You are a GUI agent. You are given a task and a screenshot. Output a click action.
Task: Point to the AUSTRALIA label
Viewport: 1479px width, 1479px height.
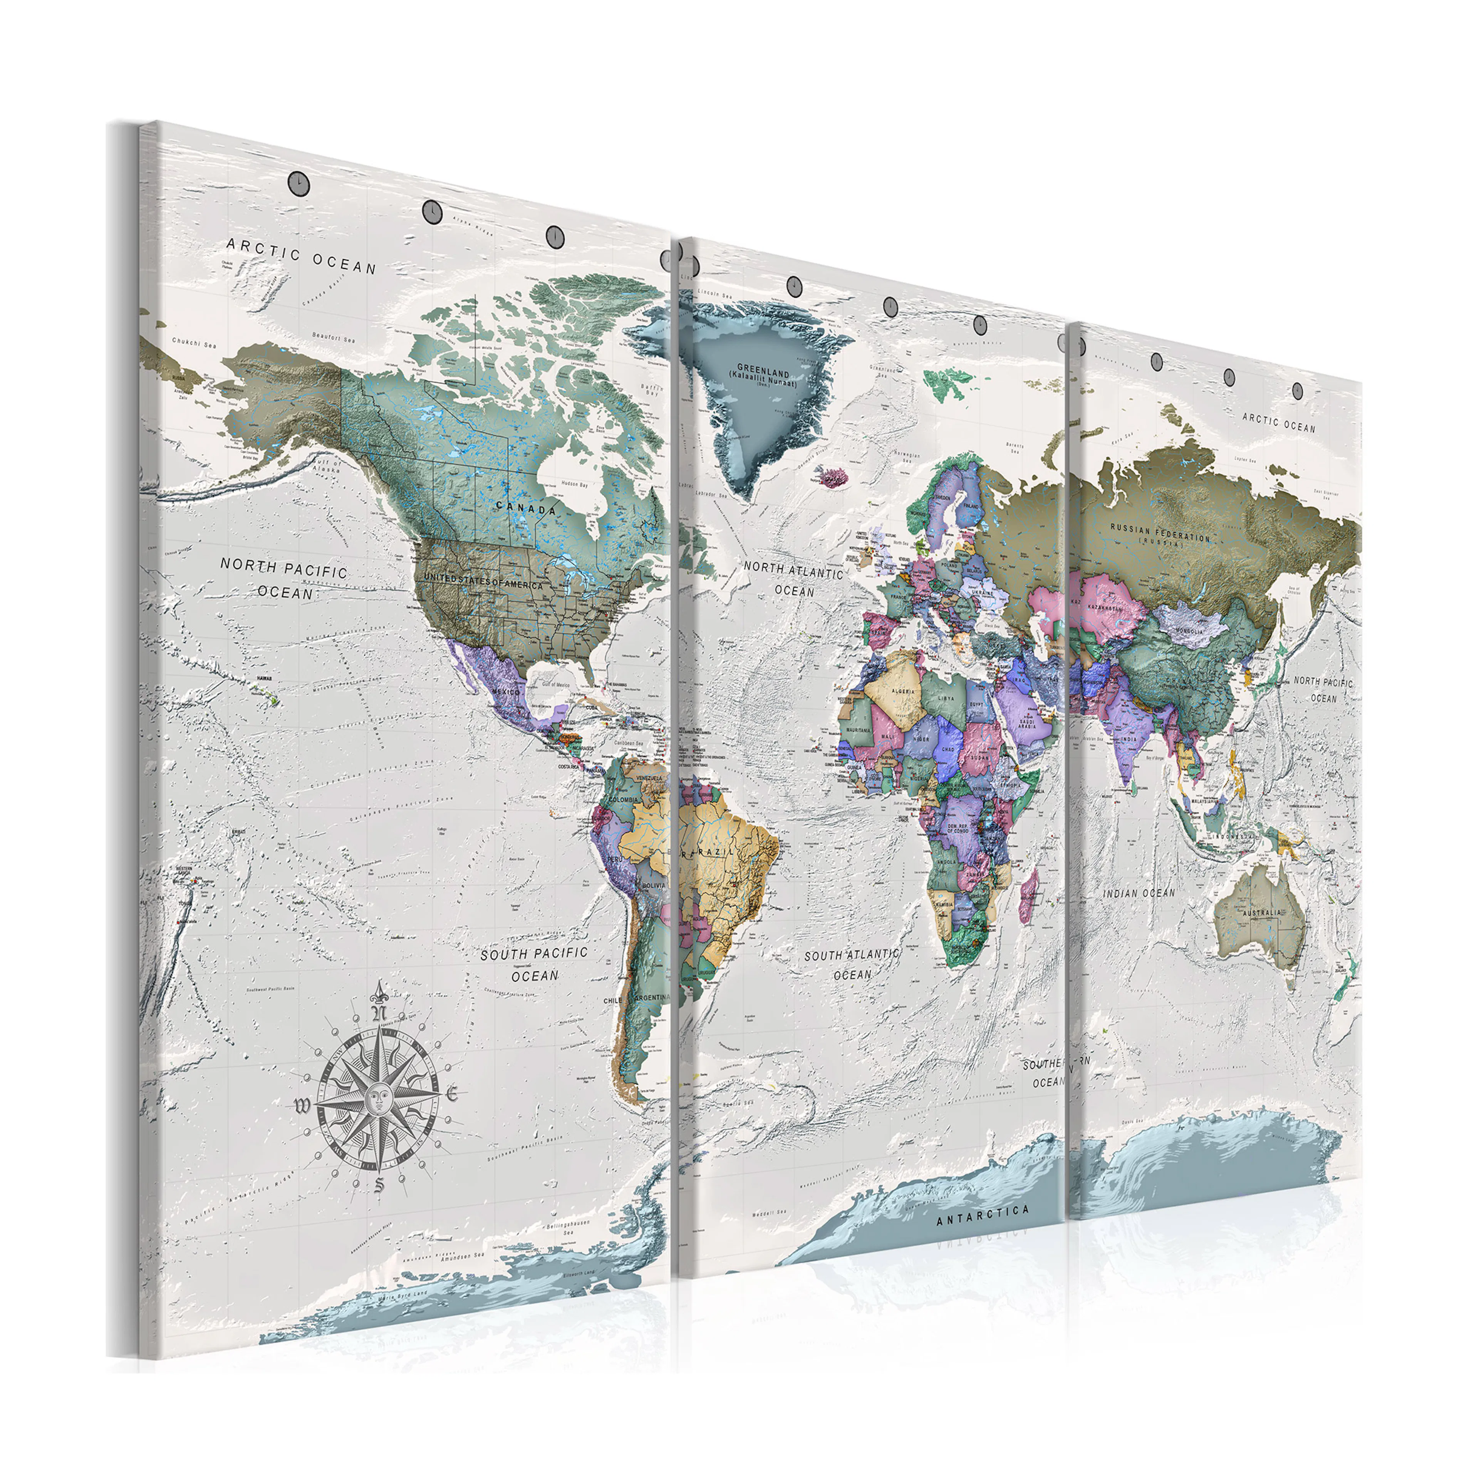pyautogui.click(x=1261, y=912)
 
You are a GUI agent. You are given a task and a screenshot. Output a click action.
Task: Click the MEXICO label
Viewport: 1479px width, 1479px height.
pyautogui.click(x=505, y=691)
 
